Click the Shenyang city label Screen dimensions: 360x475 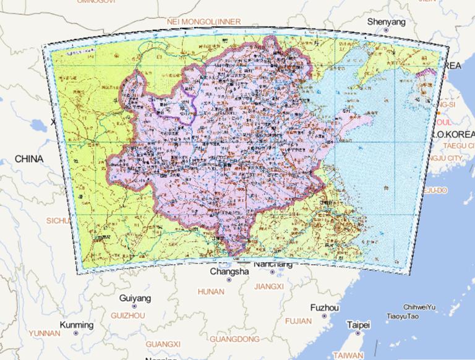(386, 22)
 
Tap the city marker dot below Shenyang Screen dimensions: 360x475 (386, 30)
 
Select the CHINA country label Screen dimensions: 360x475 (29, 159)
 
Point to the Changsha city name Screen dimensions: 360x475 (229, 272)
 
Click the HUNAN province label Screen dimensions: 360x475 (211, 291)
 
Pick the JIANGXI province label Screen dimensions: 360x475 (268, 286)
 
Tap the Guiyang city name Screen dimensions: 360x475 (135, 299)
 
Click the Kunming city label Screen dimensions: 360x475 (77, 325)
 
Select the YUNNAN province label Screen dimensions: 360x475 (45, 333)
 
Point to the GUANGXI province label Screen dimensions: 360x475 (163, 344)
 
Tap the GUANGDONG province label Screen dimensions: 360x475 (234, 339)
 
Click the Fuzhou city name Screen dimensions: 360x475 (325, 307)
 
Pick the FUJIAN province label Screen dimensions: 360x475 (299, 322)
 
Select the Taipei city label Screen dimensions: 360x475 (358, 325)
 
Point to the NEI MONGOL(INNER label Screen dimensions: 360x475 (203, 22)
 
